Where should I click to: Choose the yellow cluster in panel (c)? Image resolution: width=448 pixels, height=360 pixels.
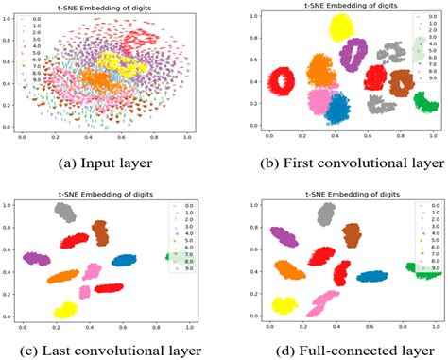click(65, 310)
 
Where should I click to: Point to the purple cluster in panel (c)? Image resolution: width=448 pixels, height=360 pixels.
click(37, 258)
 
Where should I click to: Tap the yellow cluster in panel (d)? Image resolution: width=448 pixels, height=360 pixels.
click(284, 305)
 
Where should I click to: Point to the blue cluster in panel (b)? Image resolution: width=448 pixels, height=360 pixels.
click(336, 109)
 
